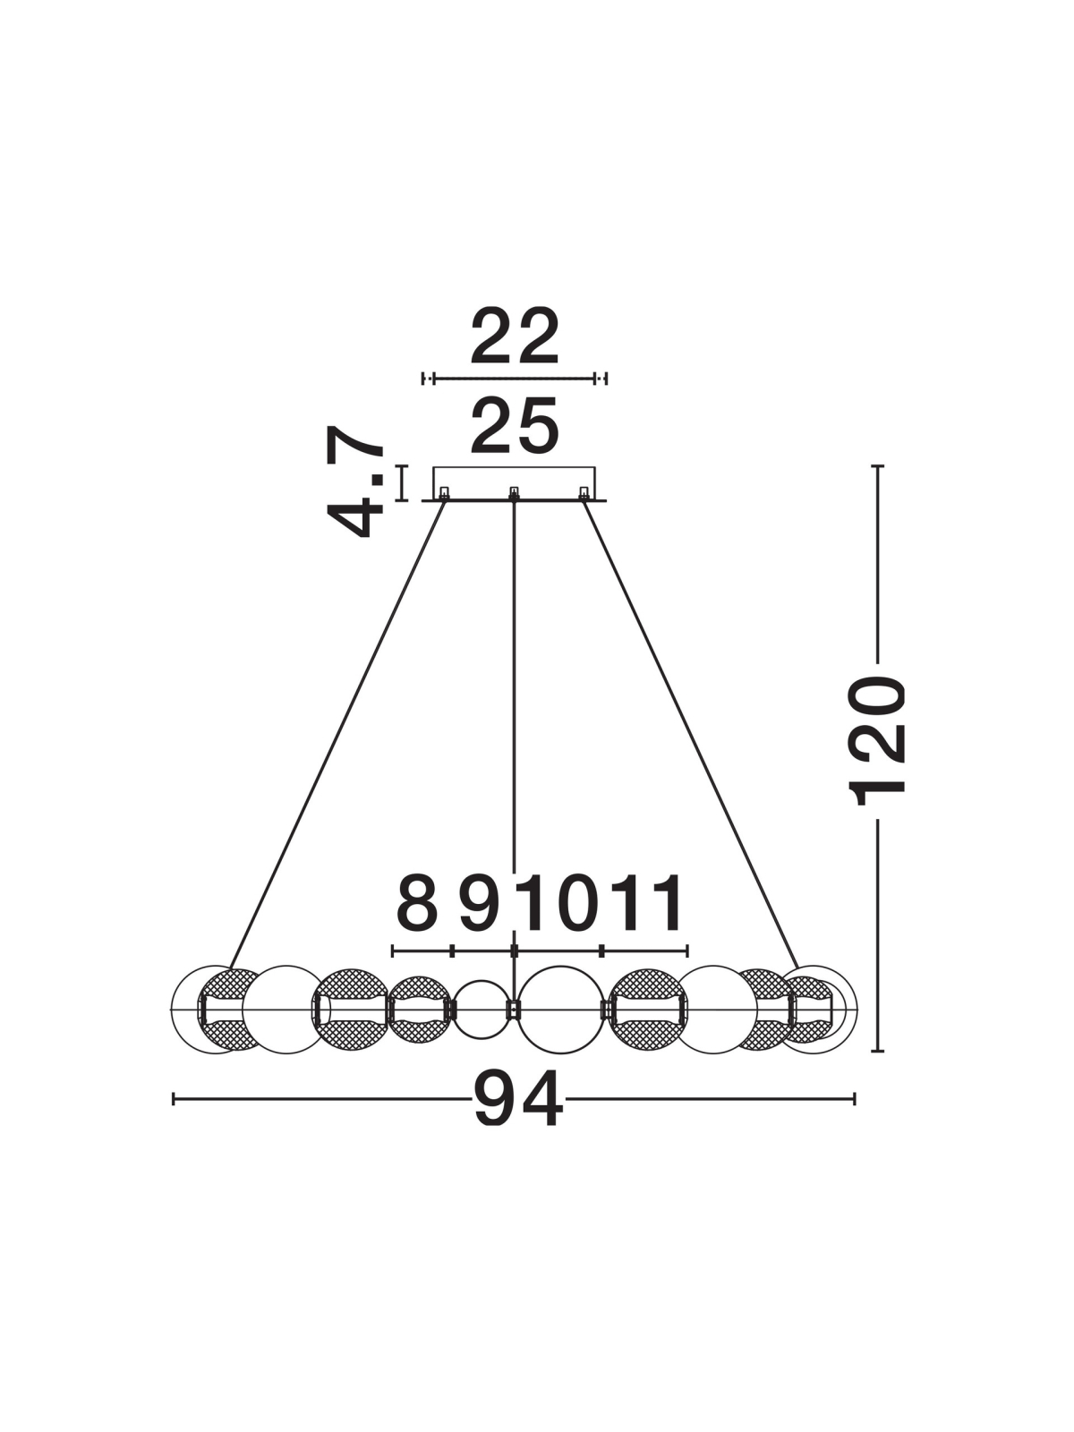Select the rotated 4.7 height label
point(355,482)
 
